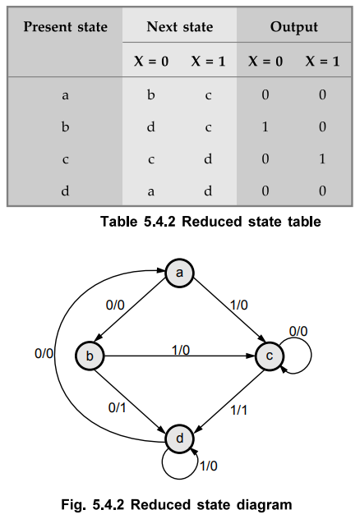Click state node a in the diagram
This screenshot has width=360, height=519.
[x=179, y=273]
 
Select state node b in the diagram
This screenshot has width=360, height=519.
[x=90, y=356]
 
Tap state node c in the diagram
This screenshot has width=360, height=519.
[x=270, y=356]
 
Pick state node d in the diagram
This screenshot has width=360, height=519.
[x=179, y=439]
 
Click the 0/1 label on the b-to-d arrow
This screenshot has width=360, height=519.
[x=117, y=407]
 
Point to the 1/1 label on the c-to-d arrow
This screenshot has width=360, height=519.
[x=239, y=410]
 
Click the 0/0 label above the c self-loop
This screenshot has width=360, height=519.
[x=298, y=331]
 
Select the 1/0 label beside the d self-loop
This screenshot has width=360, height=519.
[x=209, y=466]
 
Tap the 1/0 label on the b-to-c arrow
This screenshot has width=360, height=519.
[x=181, y=350]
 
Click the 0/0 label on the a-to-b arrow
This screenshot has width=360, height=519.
[x=115, y=305]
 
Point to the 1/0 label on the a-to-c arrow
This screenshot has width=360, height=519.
[x=239, y=305]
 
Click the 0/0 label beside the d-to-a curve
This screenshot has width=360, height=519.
[x=44, y=353]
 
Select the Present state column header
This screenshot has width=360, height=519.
[x=66, y=27]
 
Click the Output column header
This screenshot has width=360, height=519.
[x=294, y=27]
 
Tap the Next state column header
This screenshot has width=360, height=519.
[x=180, y=27]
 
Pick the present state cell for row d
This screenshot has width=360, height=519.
[x=65, y=191]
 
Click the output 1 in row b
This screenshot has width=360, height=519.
[x=265, y=126]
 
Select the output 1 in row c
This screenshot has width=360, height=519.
[x=322, y=158]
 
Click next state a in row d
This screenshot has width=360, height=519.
[x=150, y=191]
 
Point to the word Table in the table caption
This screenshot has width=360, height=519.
[x=119, y=222]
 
